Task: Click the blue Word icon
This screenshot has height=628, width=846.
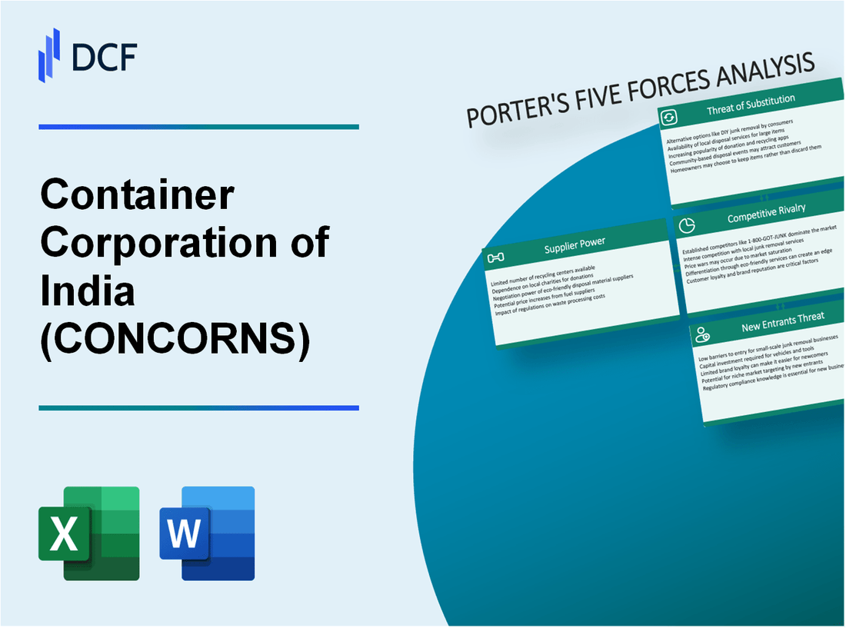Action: [x=207, y=533]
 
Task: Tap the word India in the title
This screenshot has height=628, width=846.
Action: [x=88, y=291]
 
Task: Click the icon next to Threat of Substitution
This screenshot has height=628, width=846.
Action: [x=668, y=117]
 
